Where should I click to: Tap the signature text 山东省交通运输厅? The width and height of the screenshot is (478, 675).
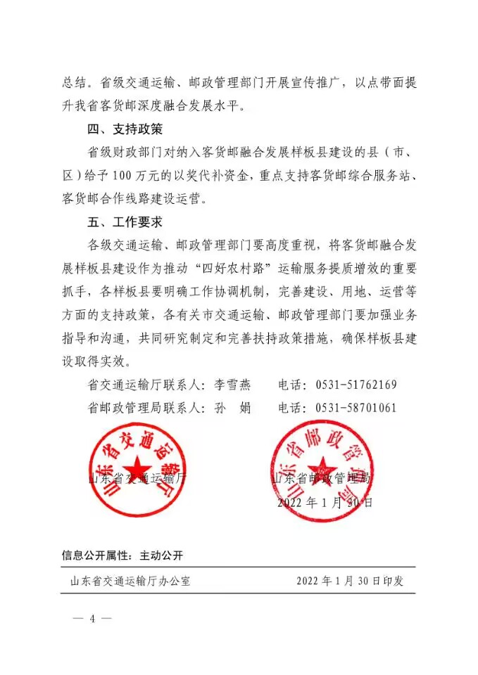tap(138, 479)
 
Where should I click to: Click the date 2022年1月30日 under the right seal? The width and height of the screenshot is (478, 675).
tap(325, 503)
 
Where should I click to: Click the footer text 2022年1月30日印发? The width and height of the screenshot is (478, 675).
tap(349, 581)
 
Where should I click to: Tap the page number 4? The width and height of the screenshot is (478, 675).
tap(92, 618)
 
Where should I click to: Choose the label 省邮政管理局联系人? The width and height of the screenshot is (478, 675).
tap(141, 408)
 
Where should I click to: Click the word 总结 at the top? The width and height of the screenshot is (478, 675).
tap(73, 82)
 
